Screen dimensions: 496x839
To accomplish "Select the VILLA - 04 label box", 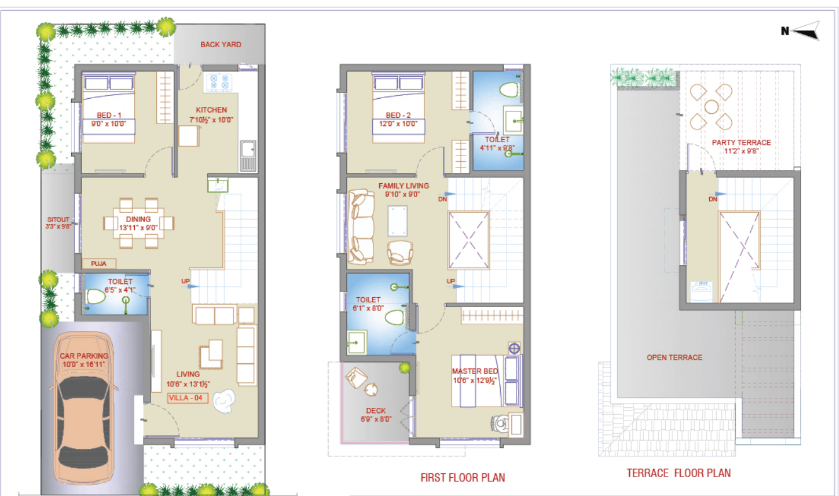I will tap(188, 398).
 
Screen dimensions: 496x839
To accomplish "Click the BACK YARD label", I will tap(220, 45).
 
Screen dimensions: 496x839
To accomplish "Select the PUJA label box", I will tap(98, 264).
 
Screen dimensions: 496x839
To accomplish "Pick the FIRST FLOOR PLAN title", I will tap(462, 478).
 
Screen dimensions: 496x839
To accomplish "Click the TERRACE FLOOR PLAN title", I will tap(678, 473).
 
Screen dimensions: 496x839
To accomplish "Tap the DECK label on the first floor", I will tap(375, 411).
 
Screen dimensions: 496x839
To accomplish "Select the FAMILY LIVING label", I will tap(403, 186).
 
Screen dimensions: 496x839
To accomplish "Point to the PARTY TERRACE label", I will tap(741, 142).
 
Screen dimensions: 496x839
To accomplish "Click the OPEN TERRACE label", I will tap(674, 358).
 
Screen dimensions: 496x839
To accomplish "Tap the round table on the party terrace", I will tap(710, 106).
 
